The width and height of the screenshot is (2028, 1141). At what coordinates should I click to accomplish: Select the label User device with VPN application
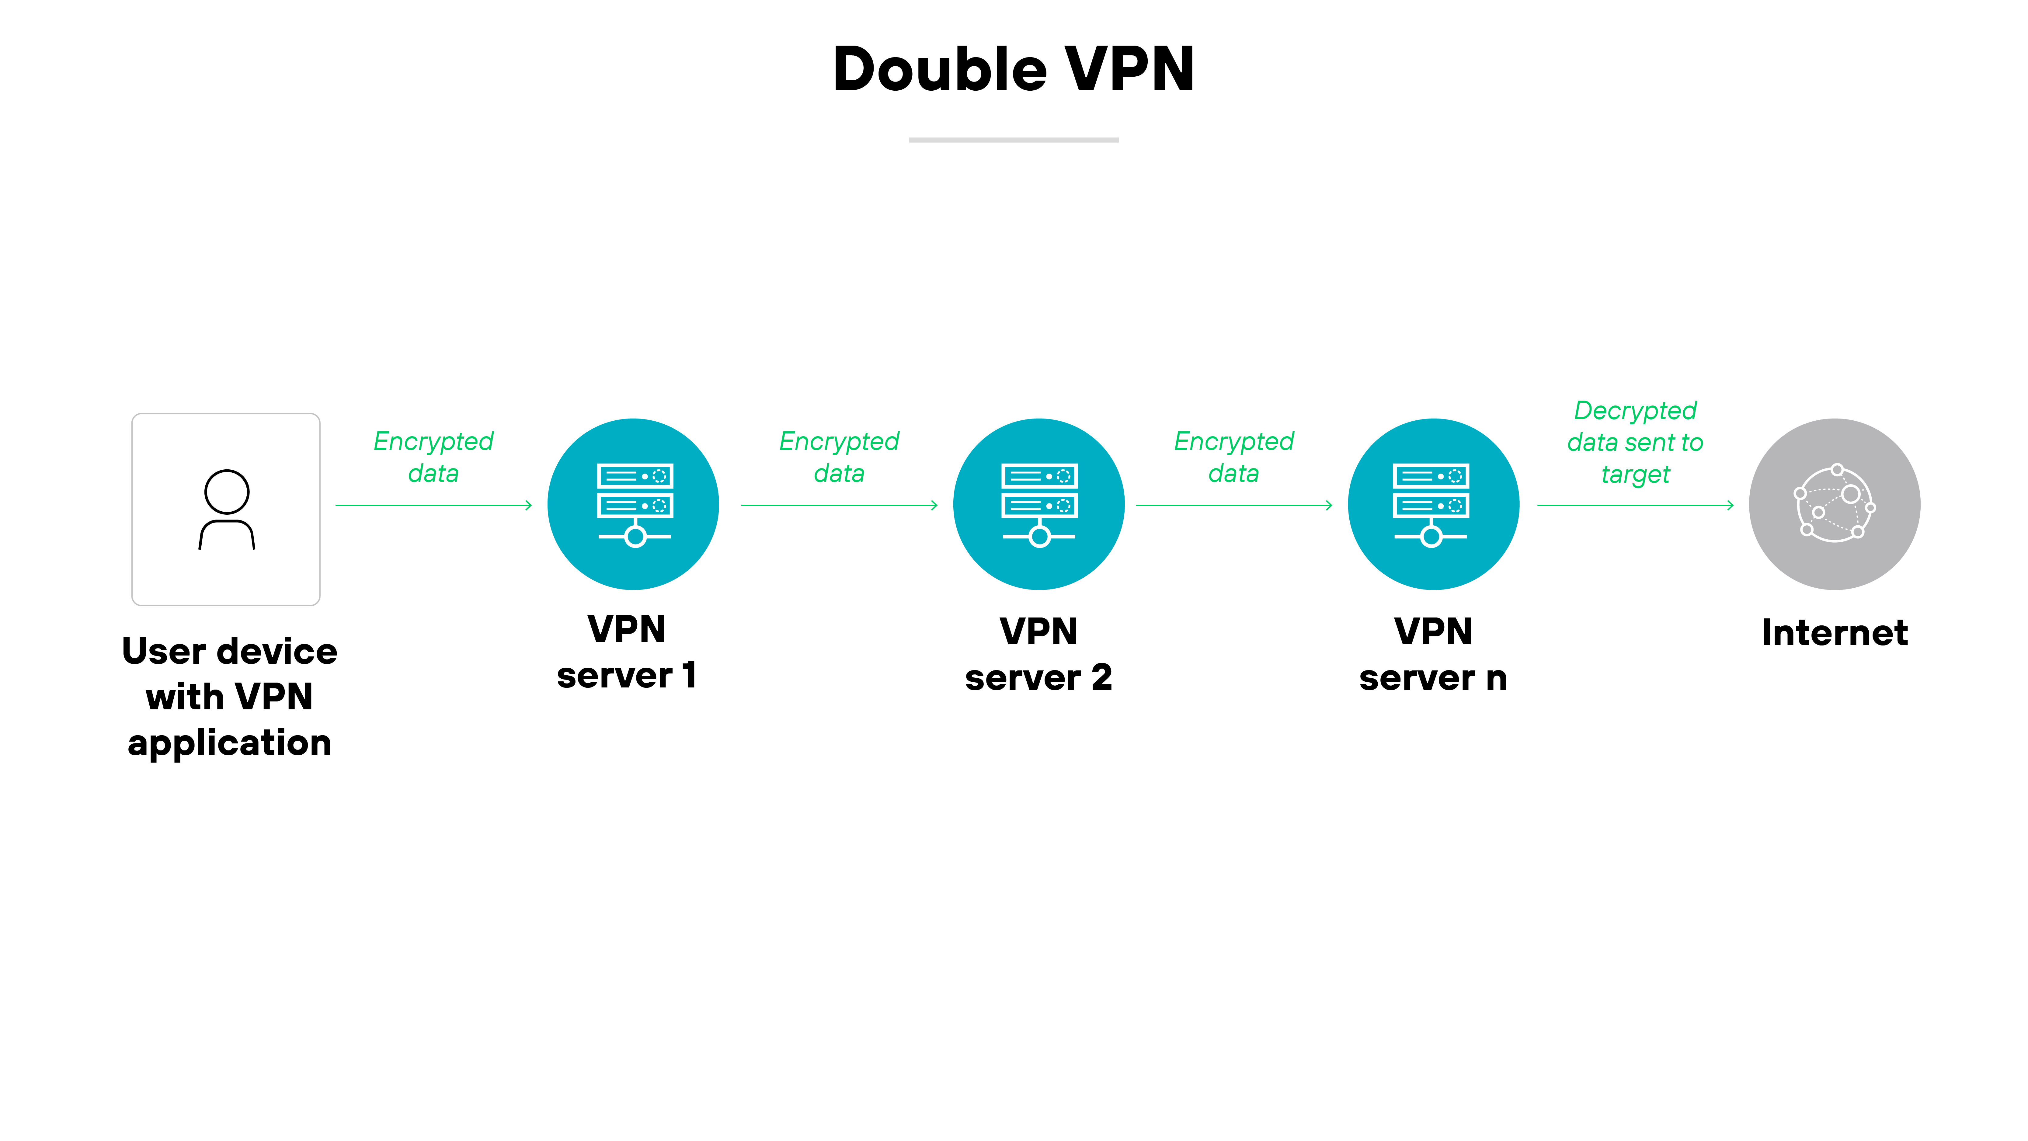pyautogui.click(x=229, y=697)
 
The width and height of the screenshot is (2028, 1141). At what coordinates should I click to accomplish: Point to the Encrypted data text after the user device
pyautogui.click(x=433, y=457)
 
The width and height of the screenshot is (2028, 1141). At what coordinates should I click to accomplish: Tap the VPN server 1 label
pyautogui.click(x=627, y=652)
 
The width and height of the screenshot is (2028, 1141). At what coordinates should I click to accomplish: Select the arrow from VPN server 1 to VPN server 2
pyautogui.click(x=839, y=505)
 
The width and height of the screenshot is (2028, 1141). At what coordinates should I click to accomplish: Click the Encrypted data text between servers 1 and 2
pyautogui.click(x=839, y=457)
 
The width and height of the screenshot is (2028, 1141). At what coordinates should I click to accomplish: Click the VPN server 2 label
pyautogui.click(x=1038, y=654)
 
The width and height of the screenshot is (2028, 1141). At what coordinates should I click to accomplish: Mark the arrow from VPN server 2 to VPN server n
pyautogui.click(x=1234, y=505)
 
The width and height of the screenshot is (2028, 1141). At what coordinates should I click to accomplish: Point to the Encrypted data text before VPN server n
pyautogui.click(x=1234, y=457)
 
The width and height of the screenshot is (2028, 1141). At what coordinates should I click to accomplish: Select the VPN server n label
pyautogui.click(x=1433, y=654)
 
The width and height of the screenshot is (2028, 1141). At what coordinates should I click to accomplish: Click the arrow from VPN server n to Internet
pyautogui.click(x=1635, y=505)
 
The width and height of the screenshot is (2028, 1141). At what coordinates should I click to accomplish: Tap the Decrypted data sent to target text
pyautogui.click(x=1635, y=442)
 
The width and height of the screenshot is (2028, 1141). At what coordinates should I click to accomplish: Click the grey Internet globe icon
pyautogui.click(x=1834, y=504)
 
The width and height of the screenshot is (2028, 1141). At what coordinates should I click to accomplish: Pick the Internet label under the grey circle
pyautogui.click(x=1834, y=632)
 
